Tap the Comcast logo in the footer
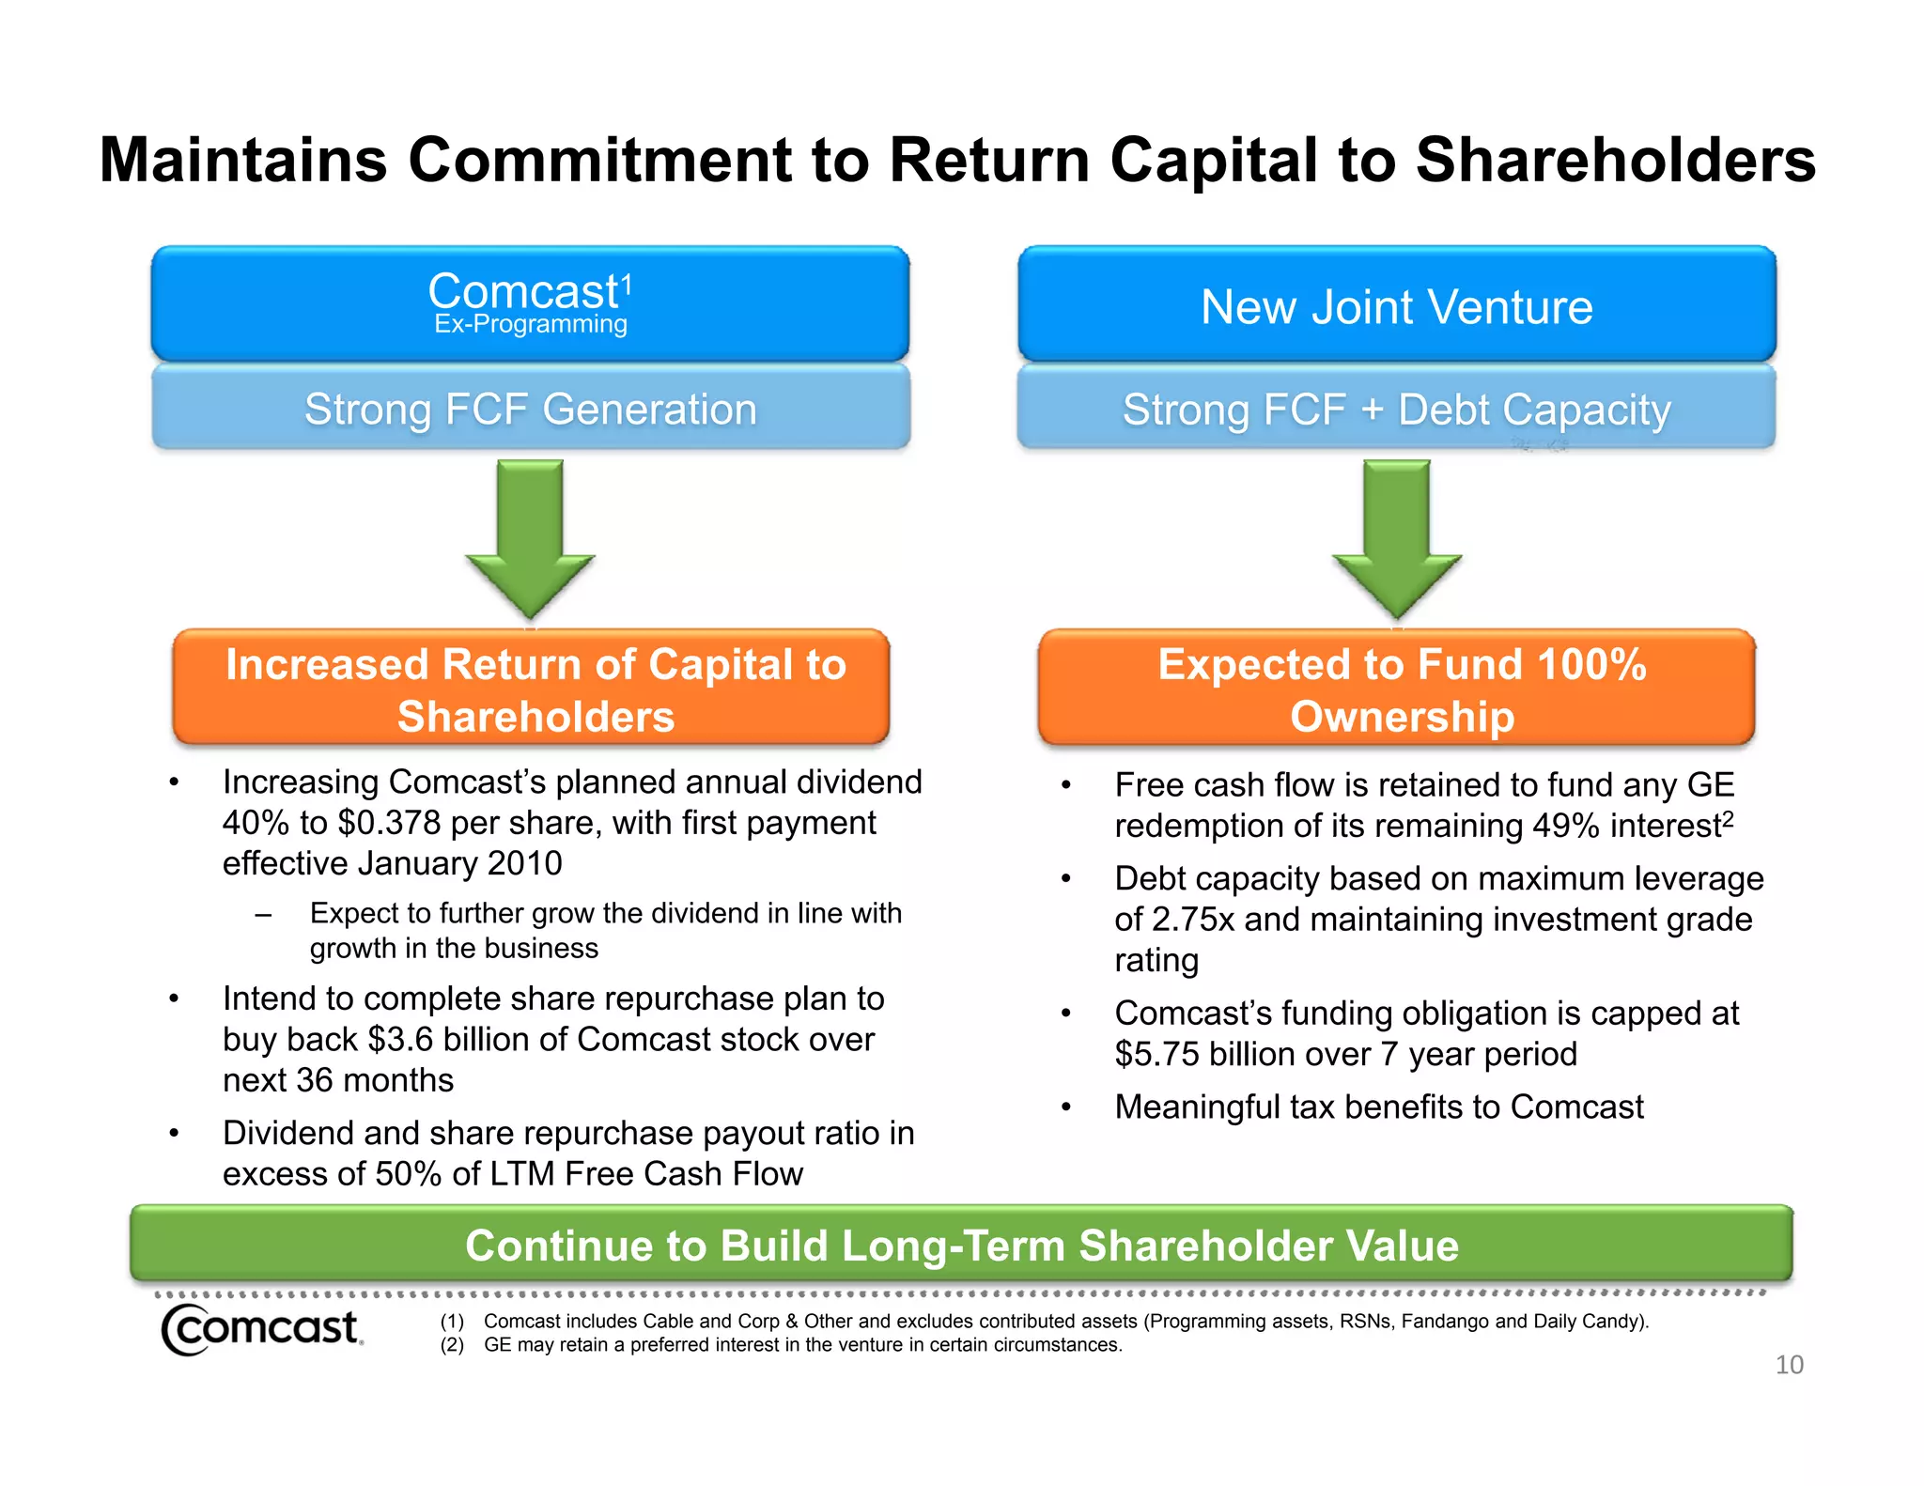261,1329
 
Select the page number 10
1789,1365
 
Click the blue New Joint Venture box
1397,305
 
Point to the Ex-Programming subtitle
530,325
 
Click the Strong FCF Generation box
531,410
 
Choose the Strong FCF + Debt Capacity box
1397,410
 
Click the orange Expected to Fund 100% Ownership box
1397,689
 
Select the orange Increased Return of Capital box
532,689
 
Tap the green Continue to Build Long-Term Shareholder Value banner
961,1246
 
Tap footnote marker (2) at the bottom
452,1345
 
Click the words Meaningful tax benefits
1258,1107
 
